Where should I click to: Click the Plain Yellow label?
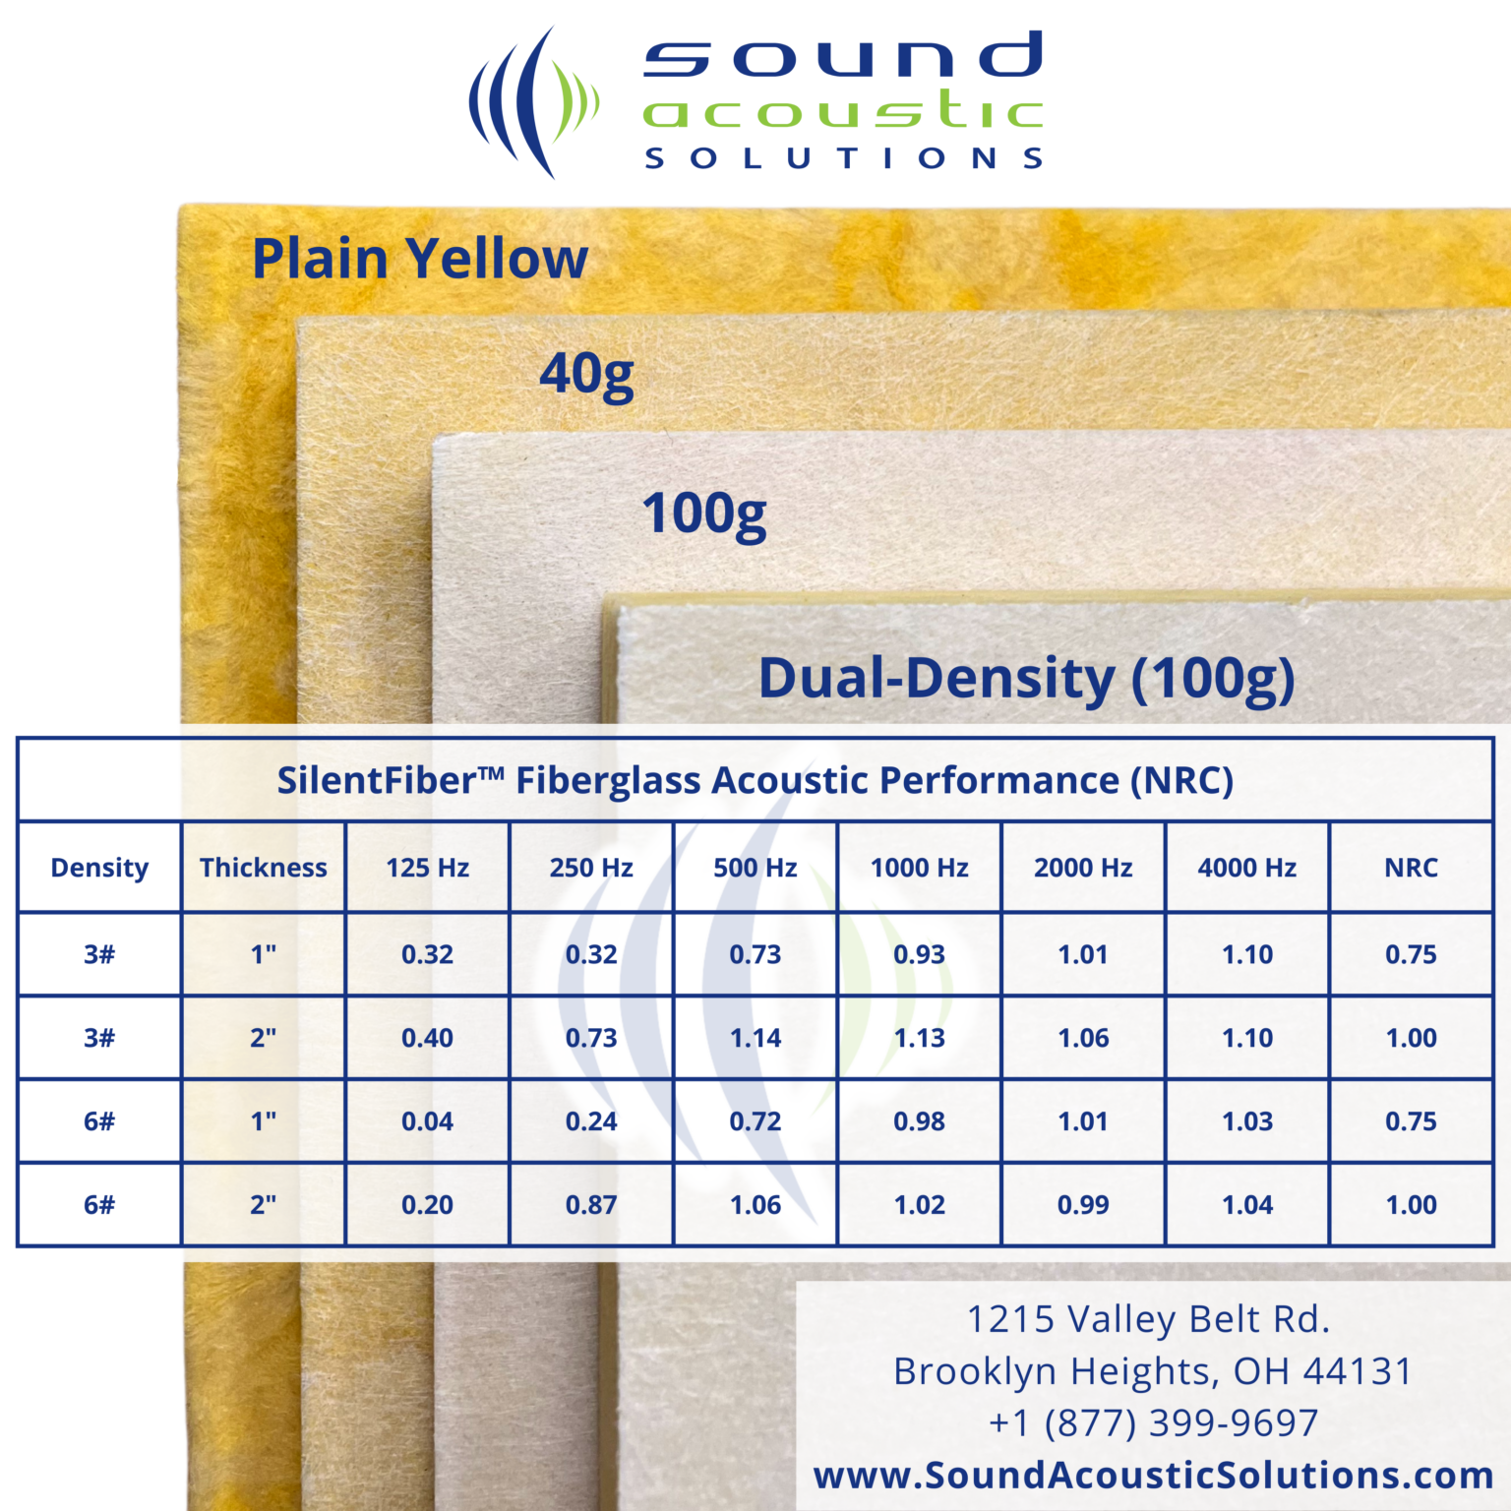[420, 259]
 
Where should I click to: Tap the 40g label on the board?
[587, 375]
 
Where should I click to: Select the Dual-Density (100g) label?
[1026, 679]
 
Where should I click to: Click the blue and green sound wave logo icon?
[532, 102]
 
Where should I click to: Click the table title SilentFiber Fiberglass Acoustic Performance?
[755, 780]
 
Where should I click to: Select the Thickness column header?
[264, 868]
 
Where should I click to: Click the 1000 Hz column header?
[919, 868]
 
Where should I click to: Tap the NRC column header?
[1411, 868]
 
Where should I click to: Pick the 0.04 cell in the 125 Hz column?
[427, 1121]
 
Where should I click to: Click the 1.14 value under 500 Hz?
[755, 1038]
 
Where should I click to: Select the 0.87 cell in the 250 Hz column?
[591, 1205]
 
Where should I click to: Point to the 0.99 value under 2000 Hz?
[1083, 1205]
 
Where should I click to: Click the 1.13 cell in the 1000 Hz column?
[919, 1038]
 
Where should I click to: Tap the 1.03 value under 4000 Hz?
[1247, 1121]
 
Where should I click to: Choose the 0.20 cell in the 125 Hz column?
[427, 1205]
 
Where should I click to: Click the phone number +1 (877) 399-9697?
[1153, 1422]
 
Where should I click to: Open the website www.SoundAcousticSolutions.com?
[1153, 1475]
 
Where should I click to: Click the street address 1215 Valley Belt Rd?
[1148, 1319]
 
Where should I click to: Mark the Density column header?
[99, 868]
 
